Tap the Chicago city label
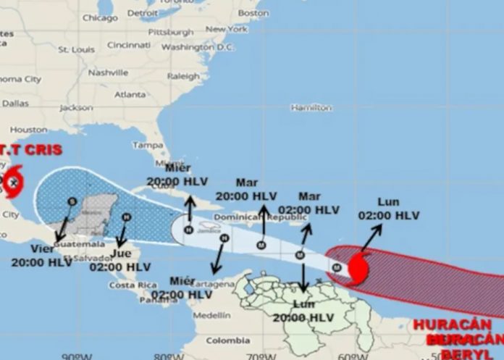tap(99, 17)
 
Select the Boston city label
tap(253, 13)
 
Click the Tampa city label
tap(148, 145)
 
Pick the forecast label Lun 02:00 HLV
tap(388, 209)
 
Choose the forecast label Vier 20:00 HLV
tap(41, 256)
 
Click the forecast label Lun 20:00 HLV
tap(303, 311)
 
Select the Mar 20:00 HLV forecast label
tap(245, 190)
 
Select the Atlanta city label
tap(130, 94)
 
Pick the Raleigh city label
tap(183, 76)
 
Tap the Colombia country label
tap(227, 340)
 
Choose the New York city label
tap(227, 30)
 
